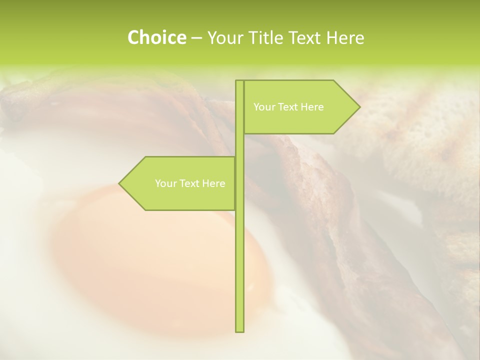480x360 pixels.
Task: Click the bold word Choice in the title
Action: (156, 38)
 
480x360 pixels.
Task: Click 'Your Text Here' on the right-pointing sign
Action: (288, 107)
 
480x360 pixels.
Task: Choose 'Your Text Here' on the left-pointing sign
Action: (190, 183)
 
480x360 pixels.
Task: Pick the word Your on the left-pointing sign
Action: (165, 183)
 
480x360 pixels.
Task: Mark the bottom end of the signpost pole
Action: (239, 330)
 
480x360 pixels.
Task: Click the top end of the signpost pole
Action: (239, 82)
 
